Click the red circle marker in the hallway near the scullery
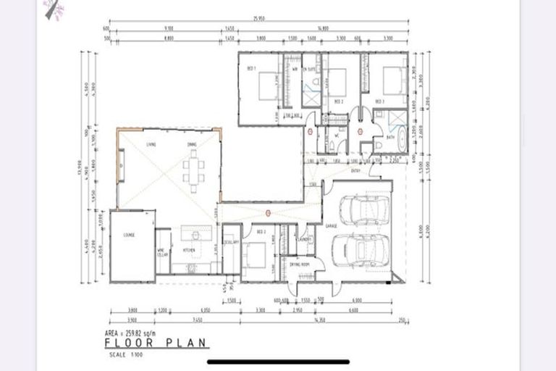(268, 213)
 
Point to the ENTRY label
(355, 171)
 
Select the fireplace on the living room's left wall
(121, 159)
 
